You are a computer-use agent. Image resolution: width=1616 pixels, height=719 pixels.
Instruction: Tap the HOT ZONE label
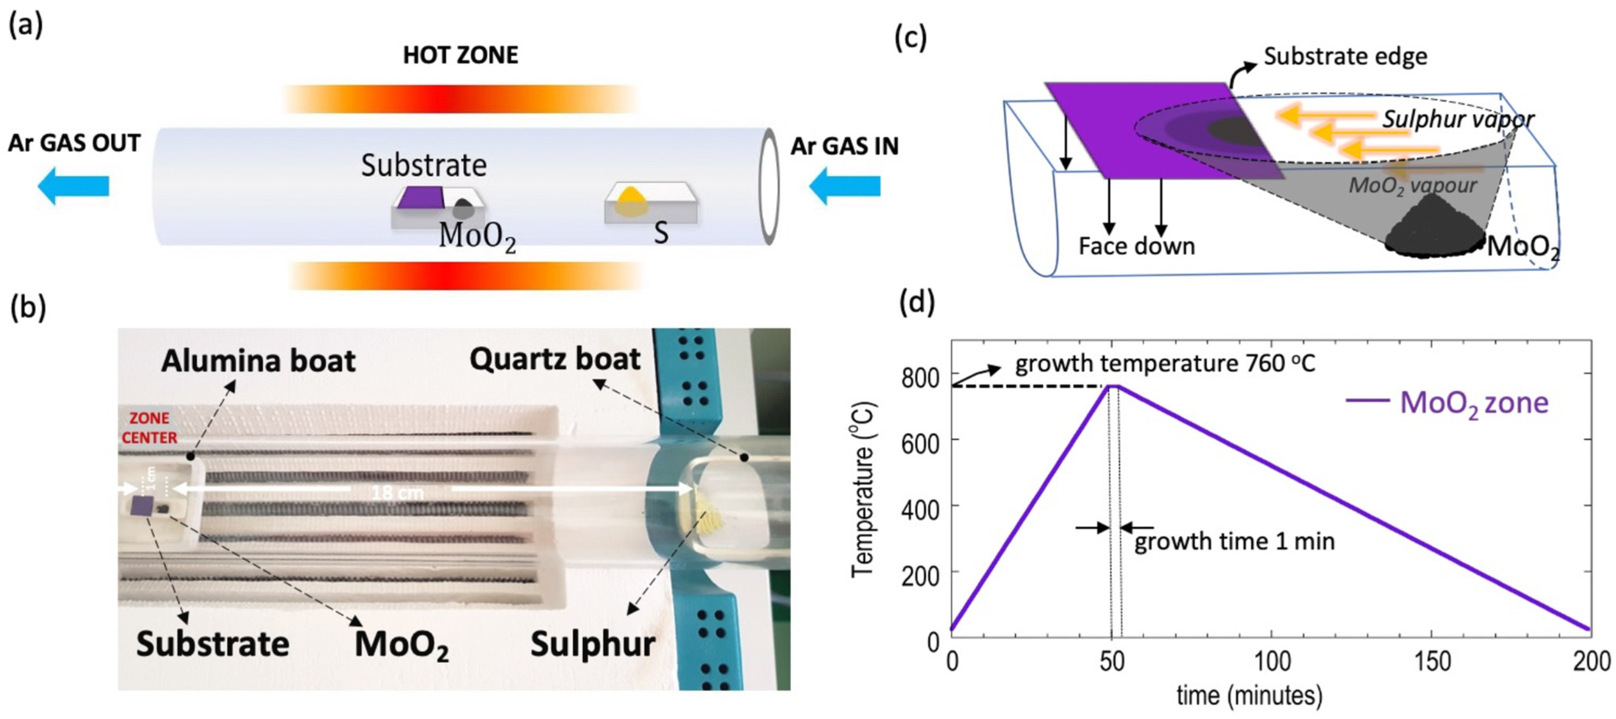460,55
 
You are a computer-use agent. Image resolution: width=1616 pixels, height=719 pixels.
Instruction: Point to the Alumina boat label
258,361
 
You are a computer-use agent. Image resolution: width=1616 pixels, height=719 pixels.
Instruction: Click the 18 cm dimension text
397,492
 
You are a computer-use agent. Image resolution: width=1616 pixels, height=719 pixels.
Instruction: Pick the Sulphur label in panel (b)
592,644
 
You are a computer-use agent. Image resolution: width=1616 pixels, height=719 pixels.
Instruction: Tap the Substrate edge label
1345,57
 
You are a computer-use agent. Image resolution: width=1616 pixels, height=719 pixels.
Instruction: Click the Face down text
1136,246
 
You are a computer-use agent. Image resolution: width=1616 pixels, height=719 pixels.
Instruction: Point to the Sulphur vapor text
1458,119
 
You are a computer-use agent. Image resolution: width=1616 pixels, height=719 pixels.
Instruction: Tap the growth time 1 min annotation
1234,542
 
